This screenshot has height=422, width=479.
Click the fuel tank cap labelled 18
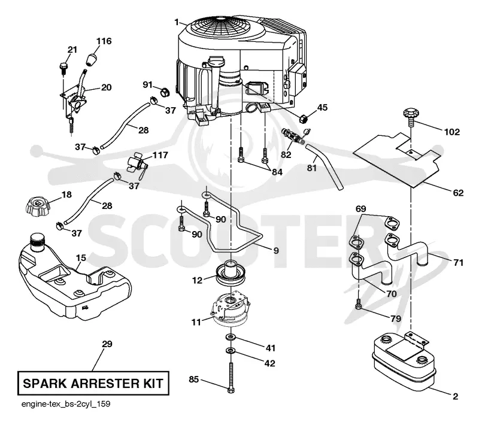(37, 207)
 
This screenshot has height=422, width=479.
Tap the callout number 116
(104, 41)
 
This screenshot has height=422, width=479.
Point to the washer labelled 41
(230, 337)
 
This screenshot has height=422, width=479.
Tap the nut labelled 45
(303, 118)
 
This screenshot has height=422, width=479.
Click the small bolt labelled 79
(359, 305)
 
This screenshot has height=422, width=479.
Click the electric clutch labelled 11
(231, 310)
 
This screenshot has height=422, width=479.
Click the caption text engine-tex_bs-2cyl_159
(66, 404)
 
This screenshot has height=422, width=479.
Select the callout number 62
(458, 193)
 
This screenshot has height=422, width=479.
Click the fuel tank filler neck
(37, 243)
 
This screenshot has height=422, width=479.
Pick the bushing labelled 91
(165, 92)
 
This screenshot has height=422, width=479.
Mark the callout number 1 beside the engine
(177, 22)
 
